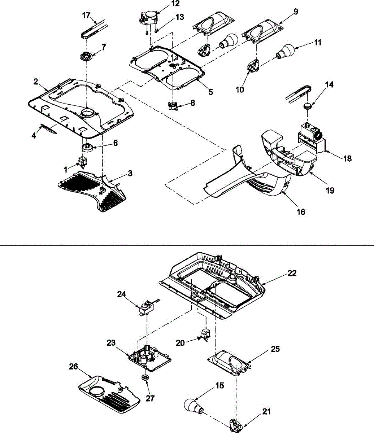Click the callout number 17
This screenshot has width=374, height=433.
coord(86,16)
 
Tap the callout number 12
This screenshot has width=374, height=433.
coord(175,3)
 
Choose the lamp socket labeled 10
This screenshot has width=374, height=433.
coord(254,65)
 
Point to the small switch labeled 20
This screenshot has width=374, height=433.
coord(206,335)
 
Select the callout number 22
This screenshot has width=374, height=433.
coord(292,273)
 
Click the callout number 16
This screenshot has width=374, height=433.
coord(301,212)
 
